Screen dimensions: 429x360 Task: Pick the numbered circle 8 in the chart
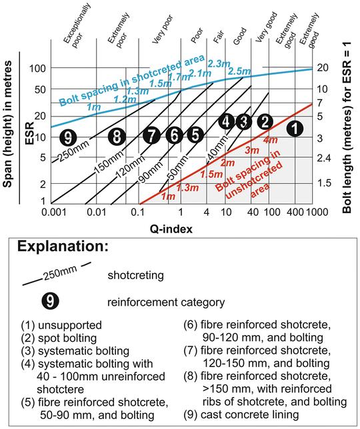click(117, 137)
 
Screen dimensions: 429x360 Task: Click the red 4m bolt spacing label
click(271, 141)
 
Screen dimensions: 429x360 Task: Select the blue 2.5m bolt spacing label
click(237, 71)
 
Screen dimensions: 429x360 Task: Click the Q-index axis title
click(171, 228)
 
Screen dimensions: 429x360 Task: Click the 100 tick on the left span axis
click(37, 69)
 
